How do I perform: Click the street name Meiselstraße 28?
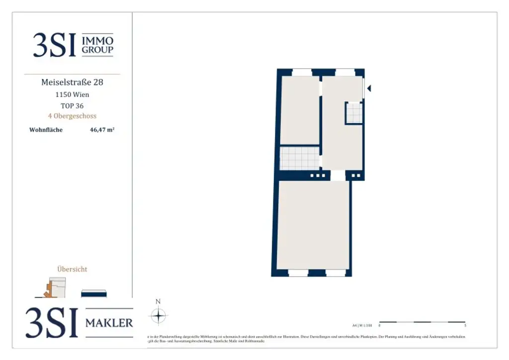(72, 82)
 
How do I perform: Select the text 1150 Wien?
(72, 94)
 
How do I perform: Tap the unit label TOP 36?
(72, 105)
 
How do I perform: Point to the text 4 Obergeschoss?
(72, 116)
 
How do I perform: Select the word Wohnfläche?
(46, 130)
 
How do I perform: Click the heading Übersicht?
(73, 269)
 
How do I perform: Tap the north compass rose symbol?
(158, 316)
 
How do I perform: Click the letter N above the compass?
(158, 301)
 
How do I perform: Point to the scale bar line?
(422, 322)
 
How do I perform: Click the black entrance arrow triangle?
(368, 88)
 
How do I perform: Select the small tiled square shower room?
(354, 112)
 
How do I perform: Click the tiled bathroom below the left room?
(299, 159)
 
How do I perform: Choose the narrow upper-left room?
(300, 110)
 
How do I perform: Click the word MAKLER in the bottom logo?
(109, 323)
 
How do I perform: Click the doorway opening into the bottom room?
(338, 176)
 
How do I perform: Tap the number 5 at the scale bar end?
(465, 326)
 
